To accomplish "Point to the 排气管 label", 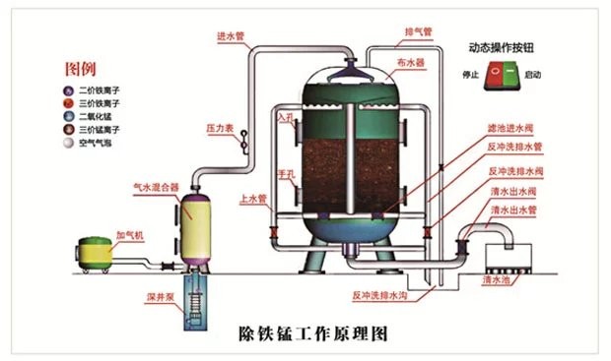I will click(x=420, y=30).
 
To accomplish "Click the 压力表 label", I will click(x=218, y=128).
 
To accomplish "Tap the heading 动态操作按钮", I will click(x=504, y=46).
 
